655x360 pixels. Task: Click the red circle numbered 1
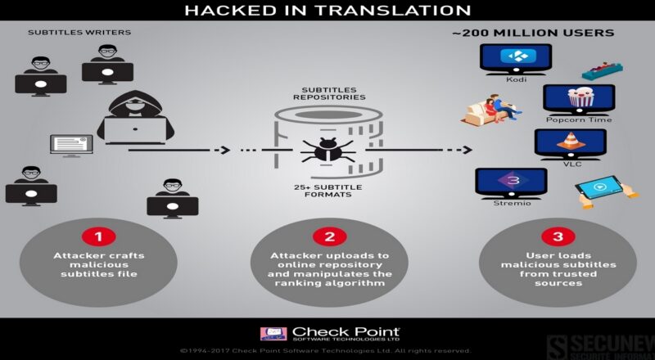tap(98, 236)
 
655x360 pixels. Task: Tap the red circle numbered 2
tap(330, 236)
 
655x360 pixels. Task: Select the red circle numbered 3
tap(558, 236)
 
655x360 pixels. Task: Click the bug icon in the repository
tap(328, 150)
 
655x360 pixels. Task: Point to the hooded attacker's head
tap(135, 103)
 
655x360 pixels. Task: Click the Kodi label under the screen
tap(517, 79)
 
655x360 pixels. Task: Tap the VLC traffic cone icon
tap(571, 141)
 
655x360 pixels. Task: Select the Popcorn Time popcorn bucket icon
tap(580, 97)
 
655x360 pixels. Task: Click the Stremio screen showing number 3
tap(511, 182)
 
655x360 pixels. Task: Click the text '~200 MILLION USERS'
tap(533, 33)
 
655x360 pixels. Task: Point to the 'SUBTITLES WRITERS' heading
tap(79, 32)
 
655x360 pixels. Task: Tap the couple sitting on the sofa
tap(492, 110)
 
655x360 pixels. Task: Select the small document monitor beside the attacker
tap(71, 146)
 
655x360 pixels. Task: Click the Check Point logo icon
tap(273, 334)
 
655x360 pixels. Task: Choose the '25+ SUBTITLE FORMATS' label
tap(328, 191)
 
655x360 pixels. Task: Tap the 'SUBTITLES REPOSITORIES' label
tap(329, 93)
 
